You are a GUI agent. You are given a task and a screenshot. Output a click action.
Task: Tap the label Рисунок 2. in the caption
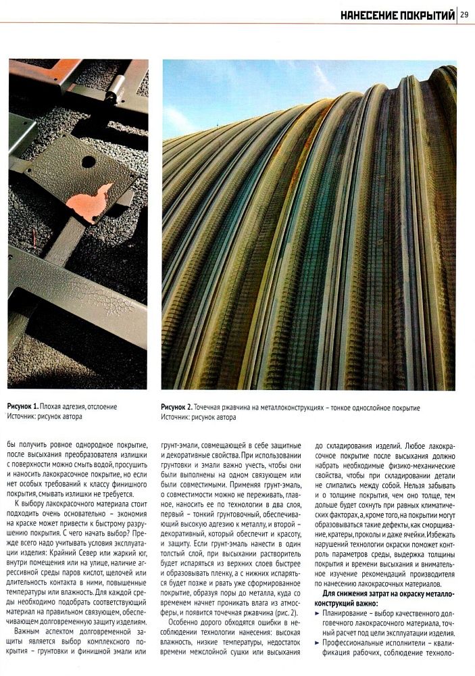pos(176,408)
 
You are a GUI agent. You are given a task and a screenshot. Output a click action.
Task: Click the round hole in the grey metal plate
pos(88,162)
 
